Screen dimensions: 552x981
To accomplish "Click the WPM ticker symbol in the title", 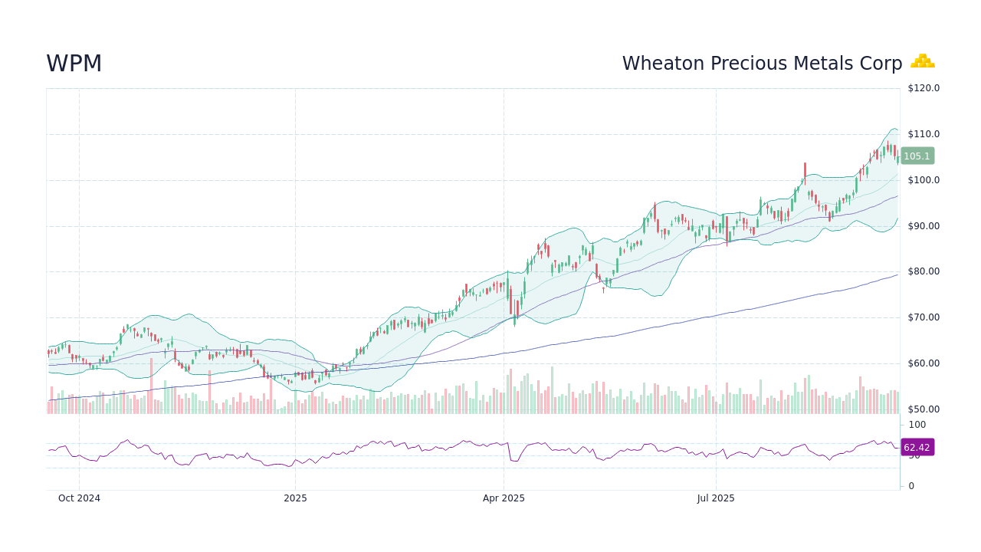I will point(74,64).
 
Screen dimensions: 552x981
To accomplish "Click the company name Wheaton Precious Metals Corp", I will point(762,64).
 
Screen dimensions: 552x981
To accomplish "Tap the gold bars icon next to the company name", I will point(922,61).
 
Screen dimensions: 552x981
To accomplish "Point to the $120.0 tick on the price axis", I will point(923,88).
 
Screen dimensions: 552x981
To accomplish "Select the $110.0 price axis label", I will point(923,134).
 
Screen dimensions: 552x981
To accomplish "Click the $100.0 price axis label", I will point(923,180).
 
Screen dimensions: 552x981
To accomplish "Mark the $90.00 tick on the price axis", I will point(923,226).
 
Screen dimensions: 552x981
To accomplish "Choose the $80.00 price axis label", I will point(923,271).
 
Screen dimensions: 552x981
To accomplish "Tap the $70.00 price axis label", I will point(923,317).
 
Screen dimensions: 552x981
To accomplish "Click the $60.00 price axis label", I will point(923,363).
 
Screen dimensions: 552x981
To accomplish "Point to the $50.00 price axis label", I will point(923,409).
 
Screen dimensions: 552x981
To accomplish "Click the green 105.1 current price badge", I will point(917,156).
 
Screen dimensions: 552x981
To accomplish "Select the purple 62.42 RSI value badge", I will point(917,448).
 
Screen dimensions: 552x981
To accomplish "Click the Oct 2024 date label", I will point(79,498).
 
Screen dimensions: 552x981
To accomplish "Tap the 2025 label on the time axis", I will point(295,498).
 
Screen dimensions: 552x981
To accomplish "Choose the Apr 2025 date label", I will point(504,498).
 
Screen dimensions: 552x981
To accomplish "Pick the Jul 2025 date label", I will point(716,498).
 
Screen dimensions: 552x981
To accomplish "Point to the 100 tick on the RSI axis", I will point(917,425).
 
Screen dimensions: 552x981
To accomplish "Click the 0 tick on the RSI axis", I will point(910,486).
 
